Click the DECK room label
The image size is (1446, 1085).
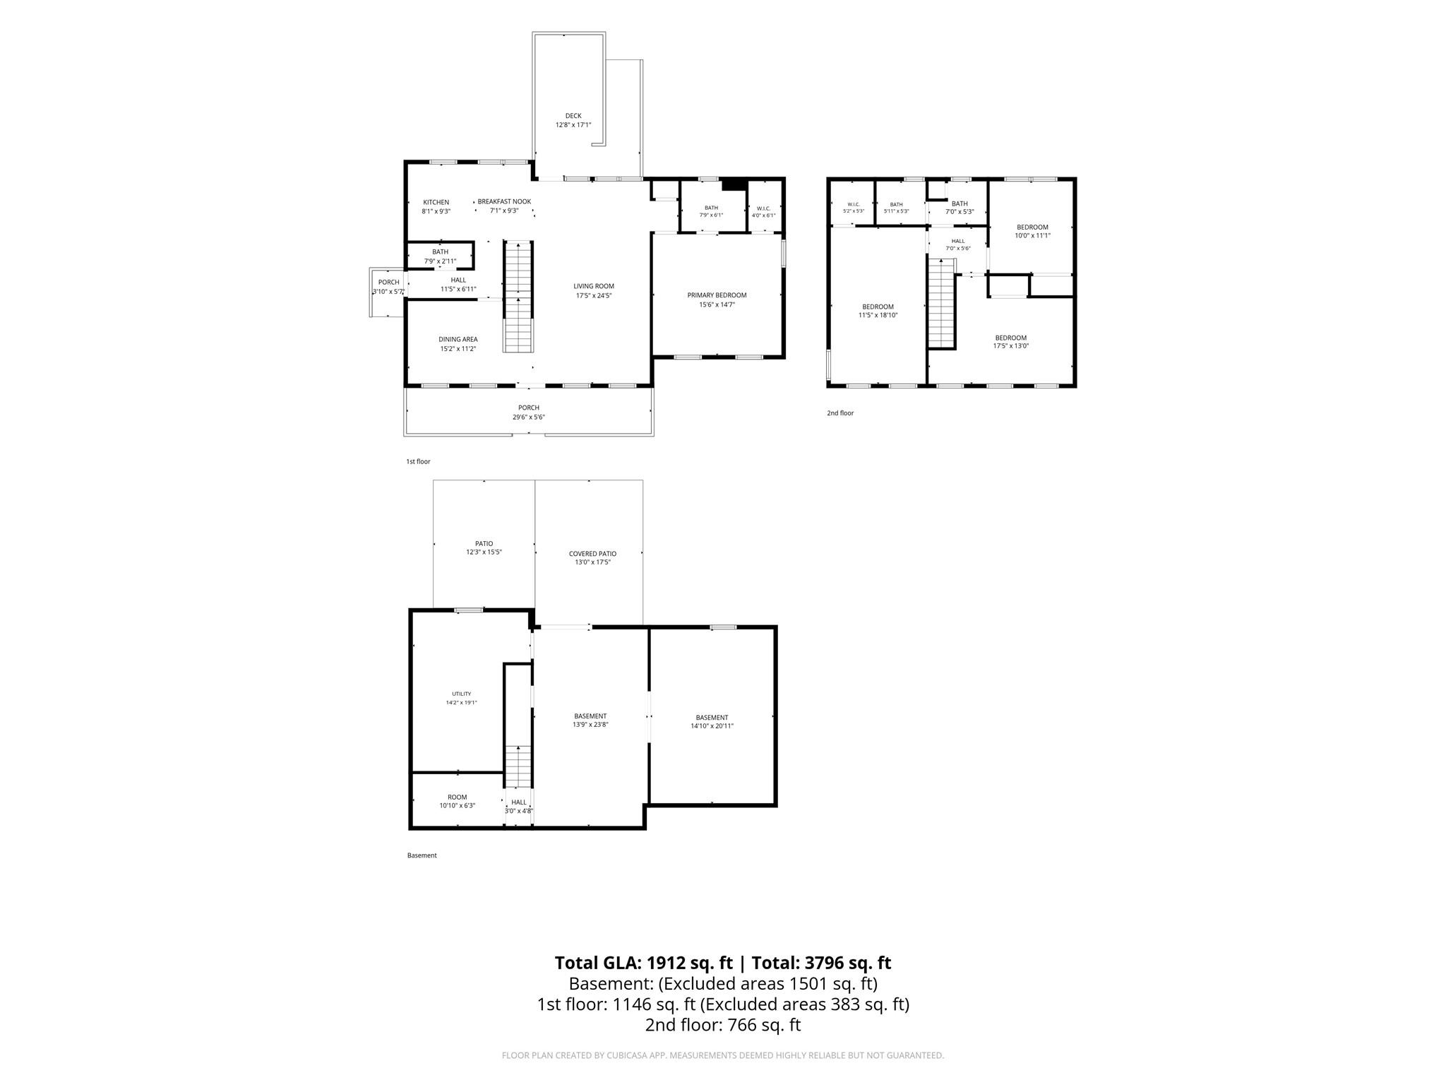click(x=573, y=116)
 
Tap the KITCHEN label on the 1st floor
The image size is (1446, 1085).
click(x=436, y=203)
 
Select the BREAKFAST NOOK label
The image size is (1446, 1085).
click(x=504, y=201)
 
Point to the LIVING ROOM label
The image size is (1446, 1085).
click(x=594, y=286)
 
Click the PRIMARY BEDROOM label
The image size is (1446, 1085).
click(x=717, y=295)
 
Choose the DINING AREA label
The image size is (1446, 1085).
click(x=458, y=339)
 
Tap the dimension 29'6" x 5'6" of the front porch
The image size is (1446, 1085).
click(x=529, y=417)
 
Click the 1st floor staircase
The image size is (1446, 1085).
click(x=518, y=297)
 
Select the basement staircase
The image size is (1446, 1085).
click(x=518, y=766)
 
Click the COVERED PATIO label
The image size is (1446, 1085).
click(x=592, y=554)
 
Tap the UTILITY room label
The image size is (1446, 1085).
click(x=462, y=694)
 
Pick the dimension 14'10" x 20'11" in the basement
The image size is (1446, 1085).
click(x=712, y=725)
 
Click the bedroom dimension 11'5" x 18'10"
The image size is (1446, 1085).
click(x=878, y=315)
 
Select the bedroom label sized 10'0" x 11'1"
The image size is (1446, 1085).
click(x=1032, y=227)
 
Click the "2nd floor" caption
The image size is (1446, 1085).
click(x=840, y=413)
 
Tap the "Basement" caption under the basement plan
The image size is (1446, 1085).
click(x=422, y=855)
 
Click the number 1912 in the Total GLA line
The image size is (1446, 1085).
click(x=667, y=963)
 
